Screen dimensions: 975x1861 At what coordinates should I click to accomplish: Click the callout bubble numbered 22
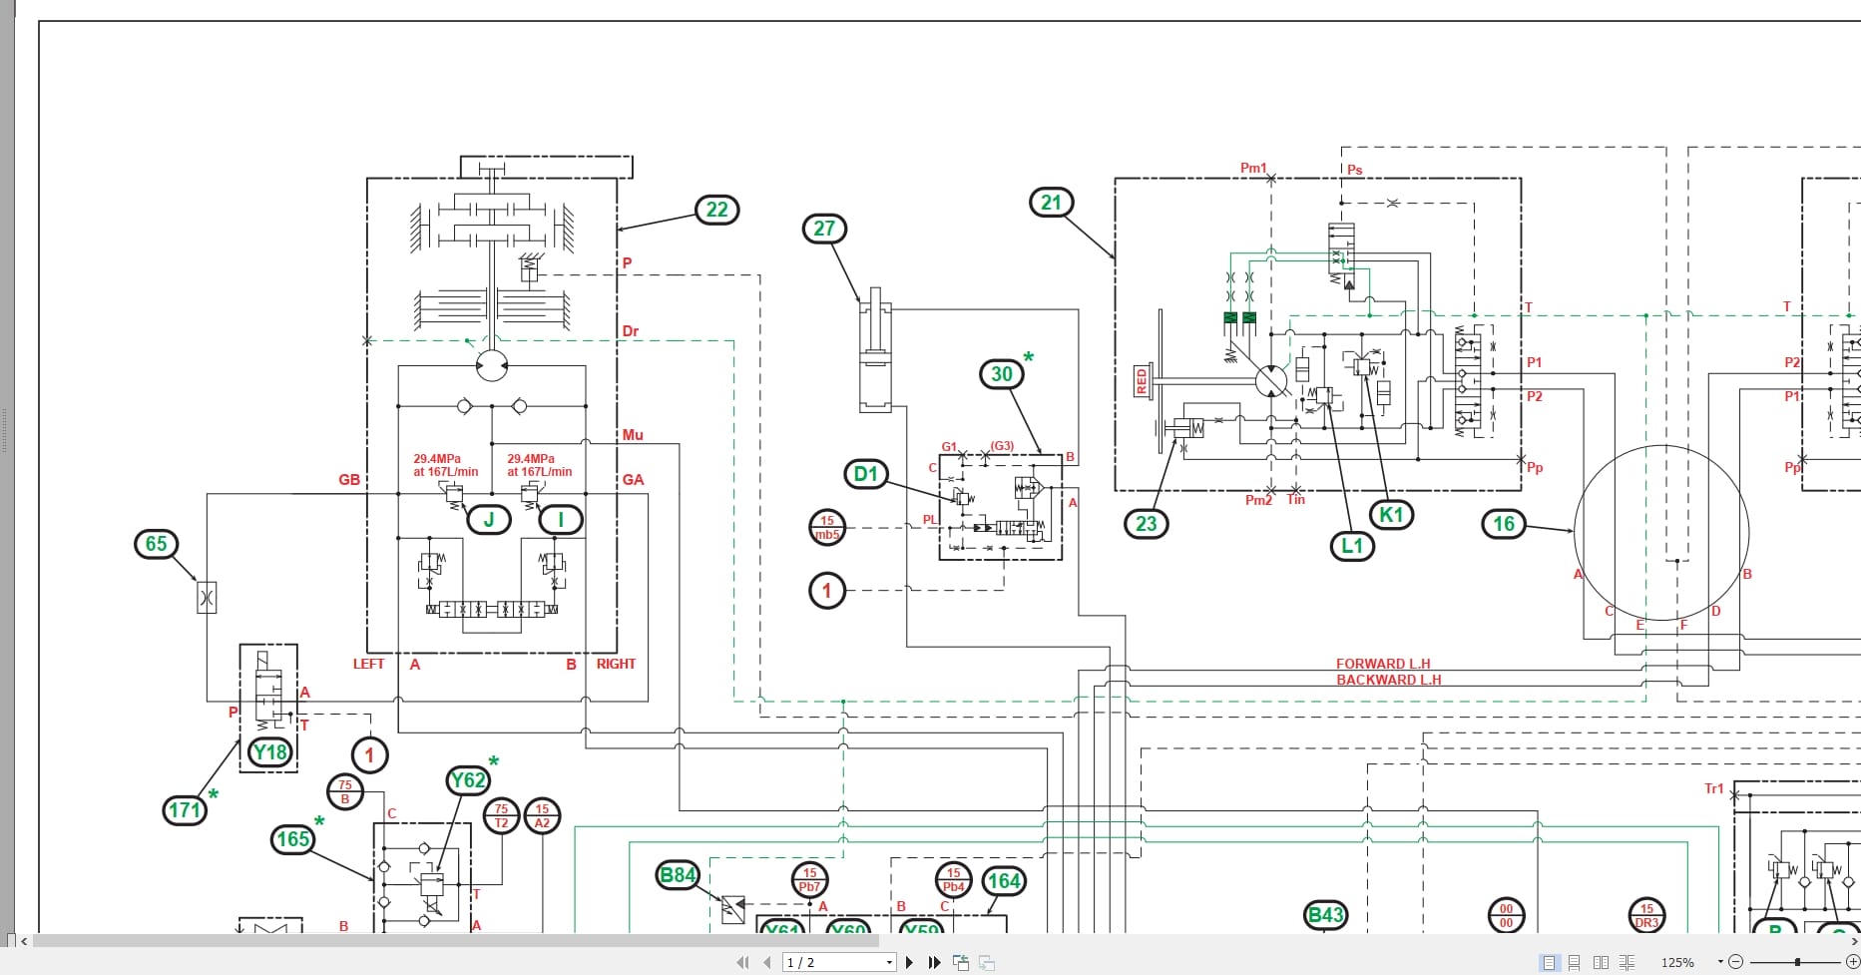click(x=717, y=210)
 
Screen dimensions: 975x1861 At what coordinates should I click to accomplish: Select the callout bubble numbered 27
click(x=824, y=229)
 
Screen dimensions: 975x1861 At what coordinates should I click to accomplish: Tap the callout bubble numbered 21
click(x=1051, y=203)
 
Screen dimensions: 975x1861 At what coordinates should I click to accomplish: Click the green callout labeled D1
click(x=865, y=474)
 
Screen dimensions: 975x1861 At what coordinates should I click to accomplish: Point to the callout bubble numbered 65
click(x=157, y=544)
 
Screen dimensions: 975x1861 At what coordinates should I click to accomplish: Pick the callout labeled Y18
click(x=270, y=752)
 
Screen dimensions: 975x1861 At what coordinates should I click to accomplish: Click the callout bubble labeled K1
click(x=1391, y=515)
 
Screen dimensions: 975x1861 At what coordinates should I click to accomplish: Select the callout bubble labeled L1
click(x=1352, y=546)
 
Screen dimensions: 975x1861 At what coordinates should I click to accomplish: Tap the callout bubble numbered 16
click(x=1504, y=524)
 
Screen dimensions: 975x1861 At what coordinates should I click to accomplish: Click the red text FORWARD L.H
click(x=1383, y=664)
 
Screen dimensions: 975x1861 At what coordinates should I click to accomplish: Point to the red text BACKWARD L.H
click(x=1388, y=680)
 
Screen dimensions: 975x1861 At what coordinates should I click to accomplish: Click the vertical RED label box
click(x=1142, y=381)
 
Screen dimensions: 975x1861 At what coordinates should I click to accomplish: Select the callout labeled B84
click(x=678, y=875)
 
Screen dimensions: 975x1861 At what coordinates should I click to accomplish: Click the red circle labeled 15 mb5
click(x=827, y=527)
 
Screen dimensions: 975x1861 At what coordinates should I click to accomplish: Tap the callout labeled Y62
click(x=468, y=780)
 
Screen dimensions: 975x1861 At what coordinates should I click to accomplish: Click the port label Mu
click(x=633, y=435)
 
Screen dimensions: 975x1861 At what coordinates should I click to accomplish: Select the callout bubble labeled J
click(x=489, y=519)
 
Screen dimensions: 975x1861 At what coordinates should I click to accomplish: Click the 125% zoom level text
click(x=1677, y=962)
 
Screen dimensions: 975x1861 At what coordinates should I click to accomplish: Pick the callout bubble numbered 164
click(x=1004, y=880)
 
